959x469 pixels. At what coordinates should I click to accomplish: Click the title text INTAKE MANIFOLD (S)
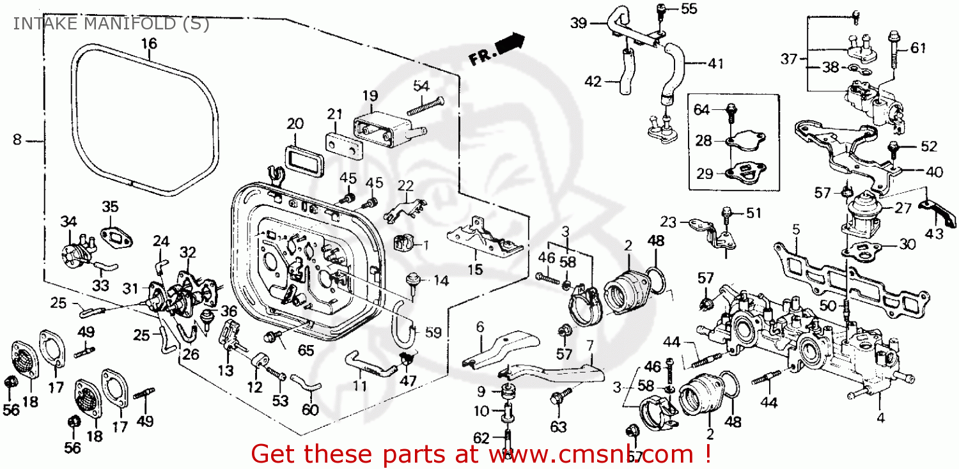point(110,24)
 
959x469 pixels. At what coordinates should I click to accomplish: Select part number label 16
point(148,44)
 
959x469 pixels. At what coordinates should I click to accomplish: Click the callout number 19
point(370,96)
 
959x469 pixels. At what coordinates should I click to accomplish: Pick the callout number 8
point(17,139)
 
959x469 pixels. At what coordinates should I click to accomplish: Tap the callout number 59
point(433,332)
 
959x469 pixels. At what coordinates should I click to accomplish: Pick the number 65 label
point(306,351)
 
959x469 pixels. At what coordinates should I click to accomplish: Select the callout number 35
point(110,206)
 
